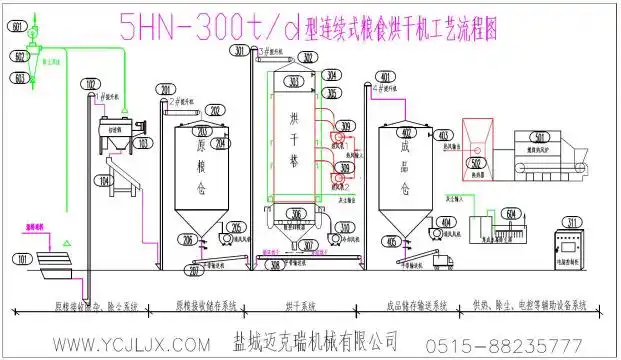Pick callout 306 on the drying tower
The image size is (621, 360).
(x=296, y=213)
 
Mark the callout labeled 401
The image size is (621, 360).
(x=385, y=76)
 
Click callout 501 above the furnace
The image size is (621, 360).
(x=540, y=136)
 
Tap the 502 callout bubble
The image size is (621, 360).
(x=477, y=162)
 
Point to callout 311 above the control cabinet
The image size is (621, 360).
(x=572, y=222)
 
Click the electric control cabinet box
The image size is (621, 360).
(x=572, y=250)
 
